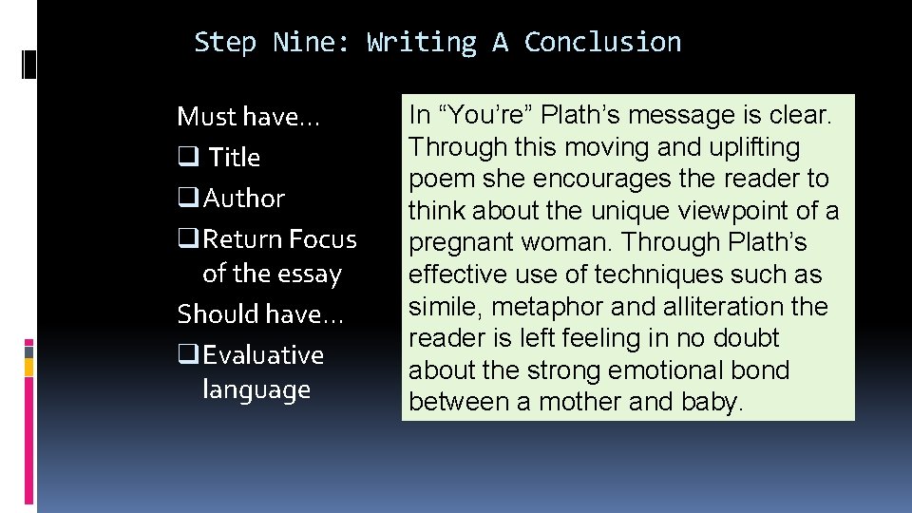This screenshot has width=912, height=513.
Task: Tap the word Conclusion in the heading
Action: click(x=602, y=43)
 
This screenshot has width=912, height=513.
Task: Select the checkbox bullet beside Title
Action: click(x=186, y=158)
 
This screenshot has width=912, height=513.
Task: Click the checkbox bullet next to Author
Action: click(x=186, y=199)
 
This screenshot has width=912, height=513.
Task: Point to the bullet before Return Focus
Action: click(x=186, y=239)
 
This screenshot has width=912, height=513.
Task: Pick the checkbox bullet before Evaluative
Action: click(x=186, y=355)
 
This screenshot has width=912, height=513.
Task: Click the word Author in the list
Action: click(x=244, y=199)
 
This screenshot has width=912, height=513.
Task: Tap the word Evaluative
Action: click(x=263, y=355)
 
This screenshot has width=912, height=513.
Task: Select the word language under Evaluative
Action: click(x=256, y=390)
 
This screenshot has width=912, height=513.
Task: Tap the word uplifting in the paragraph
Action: click(x=750, y=147)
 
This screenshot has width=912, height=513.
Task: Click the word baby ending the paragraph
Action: click(x=712, y=402)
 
